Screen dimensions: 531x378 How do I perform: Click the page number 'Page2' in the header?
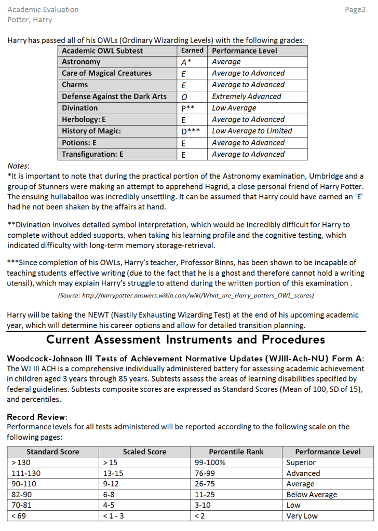pyautogui.click(x=355, y=10)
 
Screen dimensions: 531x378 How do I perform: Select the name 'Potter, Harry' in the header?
pyautogui.click(x=30, y=20)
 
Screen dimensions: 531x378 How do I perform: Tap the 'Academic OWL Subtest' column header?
pyautogui.click(x=102, y=51)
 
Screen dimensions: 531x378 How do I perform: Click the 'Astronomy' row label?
pyautogui.click(x=81, y=62)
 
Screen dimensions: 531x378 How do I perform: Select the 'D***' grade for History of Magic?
pyautogui.click(x=191, y=131)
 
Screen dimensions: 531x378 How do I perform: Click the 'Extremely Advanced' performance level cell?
pyautogui.click(x=246, y=97)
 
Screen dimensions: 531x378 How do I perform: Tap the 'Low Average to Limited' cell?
pyautogui.click(x=252, y=131)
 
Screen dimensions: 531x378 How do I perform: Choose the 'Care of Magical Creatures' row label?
pyautogui.click(x=106, y=73)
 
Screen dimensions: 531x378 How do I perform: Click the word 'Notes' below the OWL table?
pyautogui.click(x=18, y=166)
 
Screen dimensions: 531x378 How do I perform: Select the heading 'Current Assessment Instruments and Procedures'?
pyautogui.click(x=185, y=340)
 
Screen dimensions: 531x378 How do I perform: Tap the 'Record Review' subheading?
pyautogui.click(x=37, y=417)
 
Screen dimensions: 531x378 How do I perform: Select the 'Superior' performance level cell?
pyautogui.click(x=301, y=462)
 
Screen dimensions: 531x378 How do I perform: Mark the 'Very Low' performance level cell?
pyautogui.click(x=302, y=516)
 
